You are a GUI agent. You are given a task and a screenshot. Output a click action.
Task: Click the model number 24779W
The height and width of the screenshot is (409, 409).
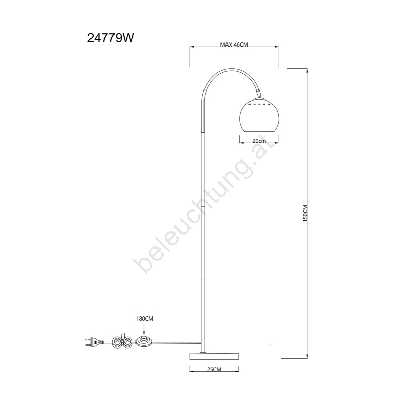(x=110, y=38)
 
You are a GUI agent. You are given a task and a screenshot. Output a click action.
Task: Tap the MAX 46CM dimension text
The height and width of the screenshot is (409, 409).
(x=234, y=44)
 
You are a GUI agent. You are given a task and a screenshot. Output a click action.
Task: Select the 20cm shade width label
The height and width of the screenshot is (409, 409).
(x=259, y=141)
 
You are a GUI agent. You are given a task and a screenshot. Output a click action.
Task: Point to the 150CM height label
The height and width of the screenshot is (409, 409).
(x=305, y=213)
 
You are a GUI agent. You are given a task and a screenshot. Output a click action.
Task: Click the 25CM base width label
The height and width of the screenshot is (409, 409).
(x=214, y=369)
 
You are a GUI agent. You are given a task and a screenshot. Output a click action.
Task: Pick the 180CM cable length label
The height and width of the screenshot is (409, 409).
(x=145, y=319)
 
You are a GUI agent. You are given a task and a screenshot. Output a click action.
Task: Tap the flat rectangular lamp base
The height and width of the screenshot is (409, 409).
(x=214, y=356)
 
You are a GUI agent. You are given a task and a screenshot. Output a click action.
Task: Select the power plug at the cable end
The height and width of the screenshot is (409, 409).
(x=95, y=342)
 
